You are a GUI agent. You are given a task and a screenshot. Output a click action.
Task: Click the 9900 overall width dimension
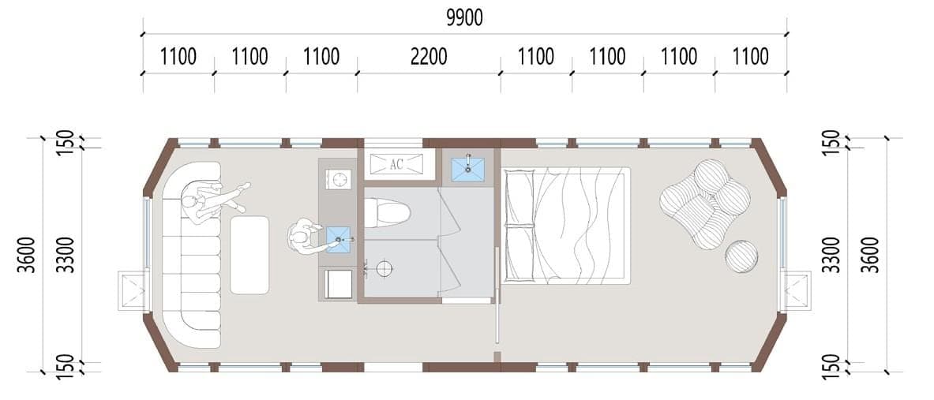click(x=464, y=18)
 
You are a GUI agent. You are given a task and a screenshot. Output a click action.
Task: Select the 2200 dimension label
click(x=429, y=57)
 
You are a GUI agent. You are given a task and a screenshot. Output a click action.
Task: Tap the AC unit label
click(x=396, y=165)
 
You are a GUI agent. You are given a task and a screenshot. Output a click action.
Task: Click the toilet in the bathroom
click(x=387, y=213)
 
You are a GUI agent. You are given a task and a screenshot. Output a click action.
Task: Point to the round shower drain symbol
click(x=384, y=268)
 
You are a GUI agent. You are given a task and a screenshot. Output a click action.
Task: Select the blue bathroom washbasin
click(x=468, y=168)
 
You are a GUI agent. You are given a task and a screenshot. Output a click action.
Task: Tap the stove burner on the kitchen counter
click(x=339, y=179)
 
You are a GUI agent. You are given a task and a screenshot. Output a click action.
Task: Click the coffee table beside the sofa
click(x=249, y=255)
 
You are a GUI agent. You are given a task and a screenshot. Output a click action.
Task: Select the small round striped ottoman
click(x=741, y=256)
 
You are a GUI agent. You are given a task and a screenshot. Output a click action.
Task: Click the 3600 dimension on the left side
click(x=27, y=255)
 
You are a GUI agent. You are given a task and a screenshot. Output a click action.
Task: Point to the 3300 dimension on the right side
click(x=832, y=255)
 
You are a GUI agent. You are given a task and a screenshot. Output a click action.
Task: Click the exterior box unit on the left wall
click(x=133, y=290)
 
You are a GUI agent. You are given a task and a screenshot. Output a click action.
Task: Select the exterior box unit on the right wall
click(x=796, y=290)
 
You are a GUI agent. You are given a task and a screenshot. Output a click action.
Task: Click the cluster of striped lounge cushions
click(x=705, y=204)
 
